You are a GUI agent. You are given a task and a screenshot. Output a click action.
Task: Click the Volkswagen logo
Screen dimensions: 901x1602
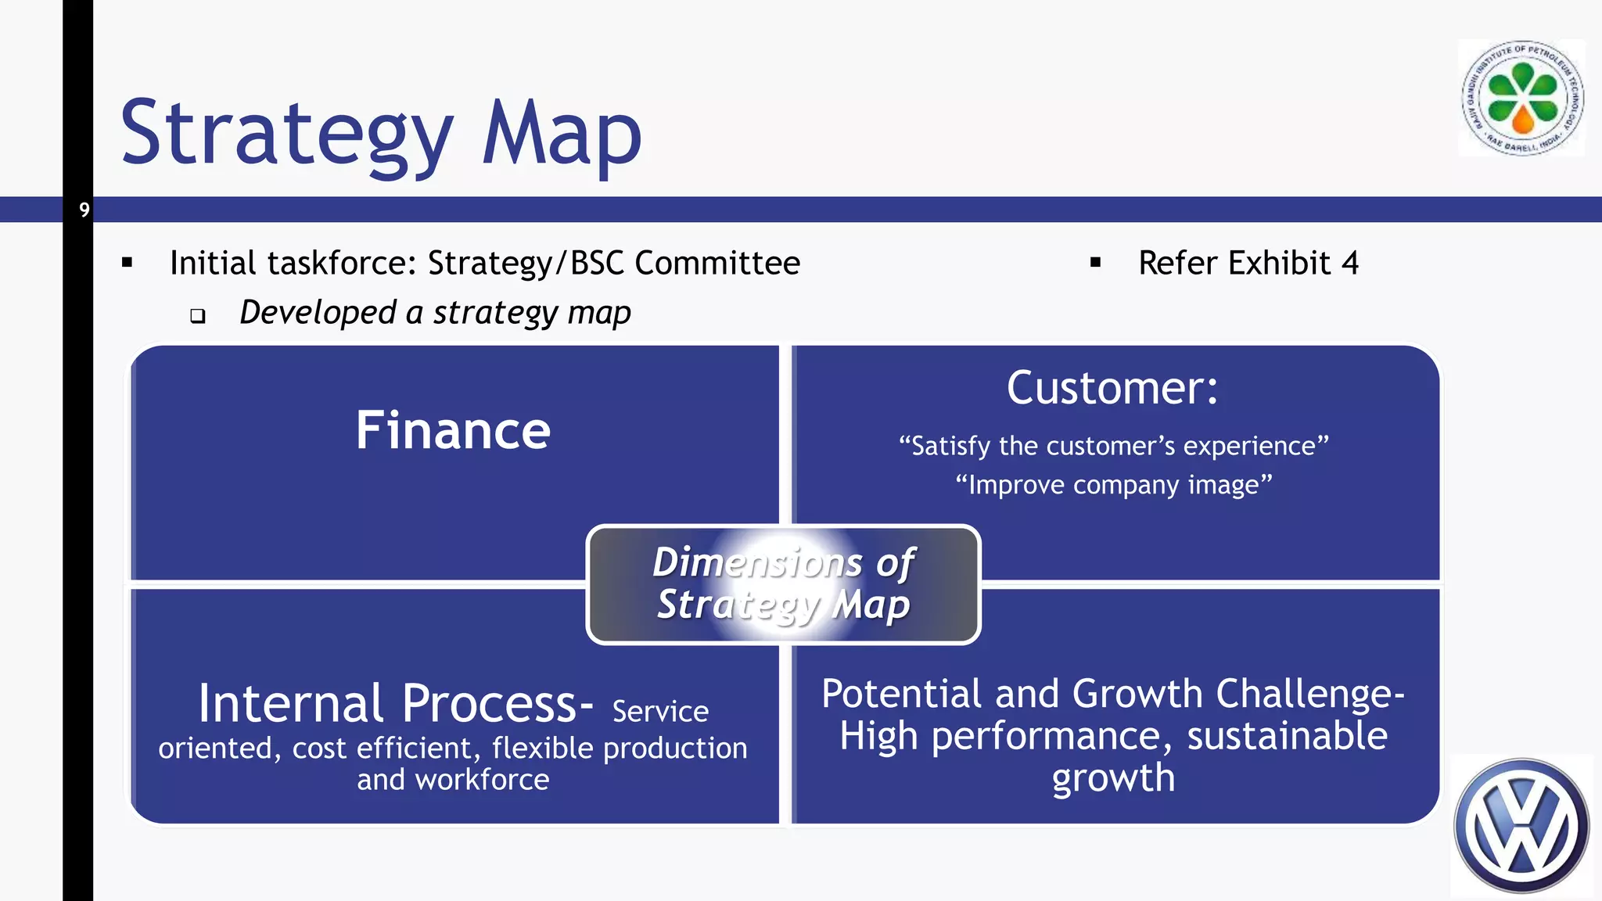click(x=1521, y=826)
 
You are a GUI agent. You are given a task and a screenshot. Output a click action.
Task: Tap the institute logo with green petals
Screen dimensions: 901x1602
click(x=1522, y=99)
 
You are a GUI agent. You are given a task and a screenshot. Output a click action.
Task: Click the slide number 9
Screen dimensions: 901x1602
click(x=84, y=210)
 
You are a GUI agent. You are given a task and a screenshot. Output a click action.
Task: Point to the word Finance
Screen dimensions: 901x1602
click(x=453, y=430)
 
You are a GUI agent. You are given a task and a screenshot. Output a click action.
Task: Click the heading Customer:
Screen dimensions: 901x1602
click(x=1112, y=388)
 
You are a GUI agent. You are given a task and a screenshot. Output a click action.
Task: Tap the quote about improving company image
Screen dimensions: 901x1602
click(x=1114, y=485)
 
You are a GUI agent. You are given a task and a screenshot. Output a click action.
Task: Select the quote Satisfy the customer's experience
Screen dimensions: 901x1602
click(x=1114, y=446)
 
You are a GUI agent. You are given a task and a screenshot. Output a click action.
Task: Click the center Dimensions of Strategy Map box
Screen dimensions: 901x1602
click(x=783, y=584)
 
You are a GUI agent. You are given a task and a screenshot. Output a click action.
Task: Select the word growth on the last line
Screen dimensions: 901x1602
click(x=1113, y=778)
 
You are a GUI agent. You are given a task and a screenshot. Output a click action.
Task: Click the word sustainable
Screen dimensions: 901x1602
click(x=1287, y=736)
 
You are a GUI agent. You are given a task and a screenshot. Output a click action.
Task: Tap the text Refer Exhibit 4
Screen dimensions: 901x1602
click(x=1248, y=263)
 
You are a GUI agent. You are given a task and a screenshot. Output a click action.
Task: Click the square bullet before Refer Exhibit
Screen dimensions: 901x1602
click(x=1095, y=264)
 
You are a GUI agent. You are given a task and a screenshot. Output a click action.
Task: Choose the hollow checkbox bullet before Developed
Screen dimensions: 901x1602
click(x=198, y=316)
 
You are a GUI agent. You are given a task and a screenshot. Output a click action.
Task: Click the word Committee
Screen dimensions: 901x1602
click(x=717, y=263)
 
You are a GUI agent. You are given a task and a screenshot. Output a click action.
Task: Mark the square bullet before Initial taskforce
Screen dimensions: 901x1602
click(x=128, y=264)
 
